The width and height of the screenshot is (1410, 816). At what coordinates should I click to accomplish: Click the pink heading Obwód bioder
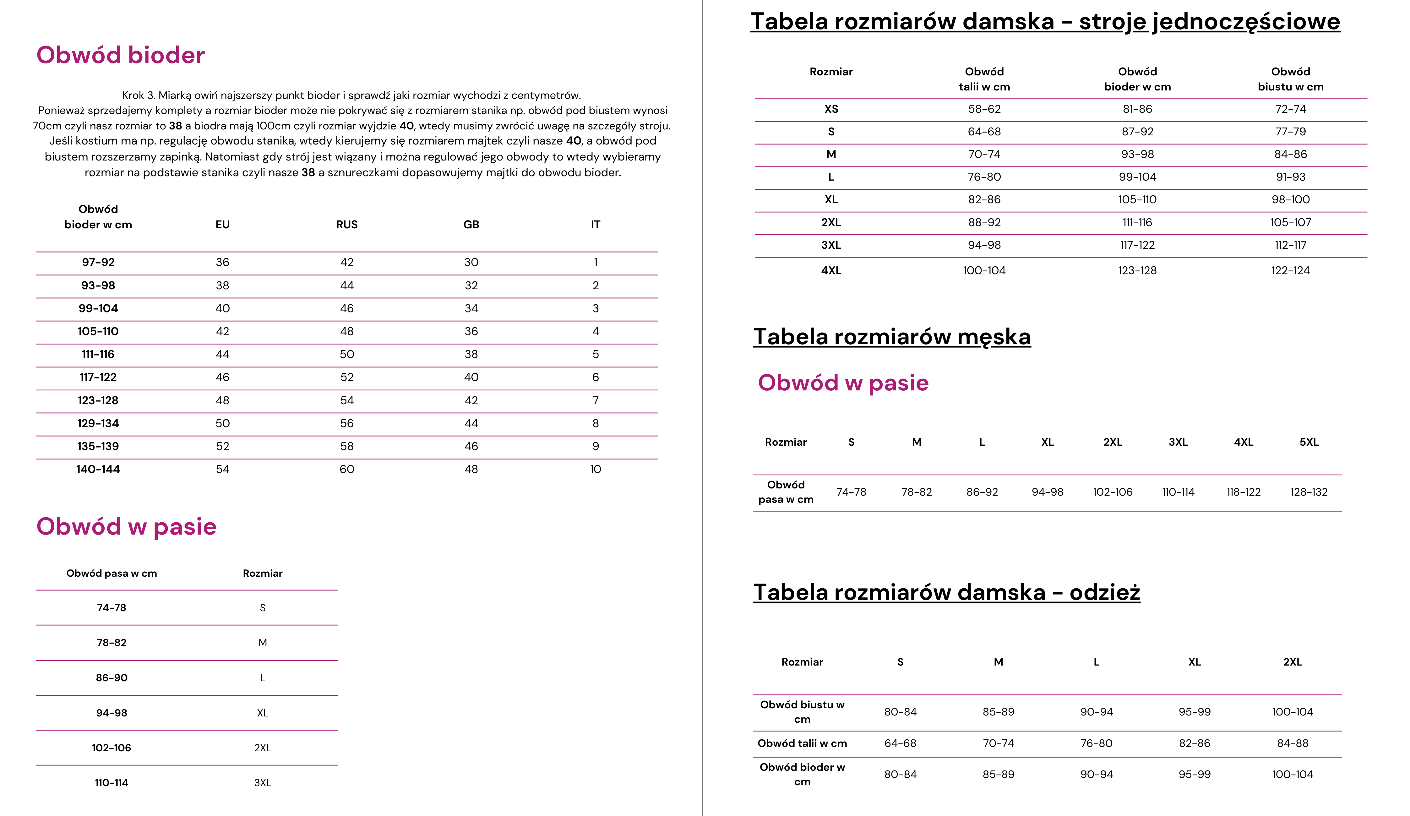coord(120,55)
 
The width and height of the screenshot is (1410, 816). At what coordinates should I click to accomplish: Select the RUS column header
coord(347,225)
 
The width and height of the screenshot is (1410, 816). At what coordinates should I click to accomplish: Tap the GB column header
coord(471,225)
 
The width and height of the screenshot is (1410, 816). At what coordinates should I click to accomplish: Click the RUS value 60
coord(347,469)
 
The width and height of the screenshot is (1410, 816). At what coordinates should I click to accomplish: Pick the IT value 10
coord(595,469)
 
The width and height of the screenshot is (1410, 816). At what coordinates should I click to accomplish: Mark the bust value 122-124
coord(1290,270)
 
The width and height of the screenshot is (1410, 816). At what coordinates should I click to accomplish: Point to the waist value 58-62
coord(984,109)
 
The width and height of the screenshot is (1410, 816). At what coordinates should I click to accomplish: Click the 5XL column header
coord(1309,442)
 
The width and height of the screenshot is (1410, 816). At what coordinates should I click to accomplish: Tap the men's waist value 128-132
coord(1309,492)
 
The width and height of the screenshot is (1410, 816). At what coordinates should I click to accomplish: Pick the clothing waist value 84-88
coord(1293,743)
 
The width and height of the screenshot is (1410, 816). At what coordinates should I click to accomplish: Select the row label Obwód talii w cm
coord(802,743)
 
